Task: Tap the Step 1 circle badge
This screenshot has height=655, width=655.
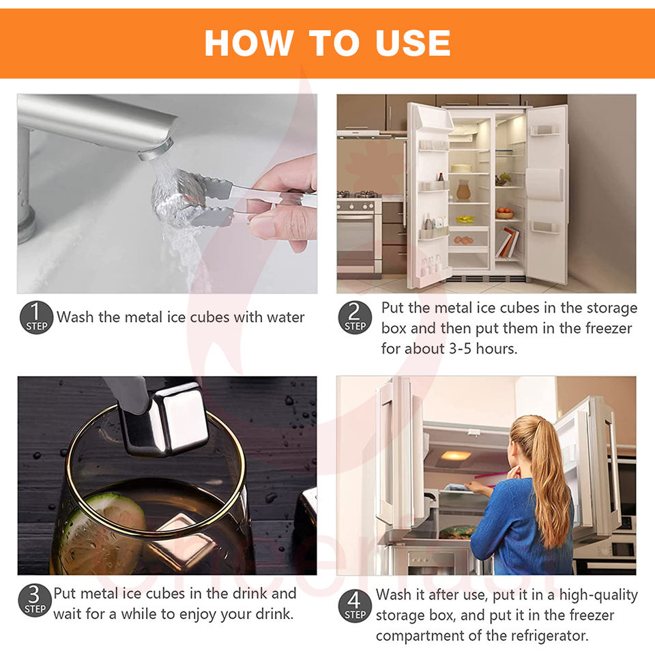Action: point(36,317)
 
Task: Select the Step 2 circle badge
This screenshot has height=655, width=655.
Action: point(355,317)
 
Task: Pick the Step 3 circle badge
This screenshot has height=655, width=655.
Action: point(35,600)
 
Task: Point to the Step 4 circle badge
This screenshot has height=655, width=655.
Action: point(355,606)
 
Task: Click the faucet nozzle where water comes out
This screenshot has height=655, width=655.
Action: point(156,150)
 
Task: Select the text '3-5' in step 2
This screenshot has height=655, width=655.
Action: point(461,349)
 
